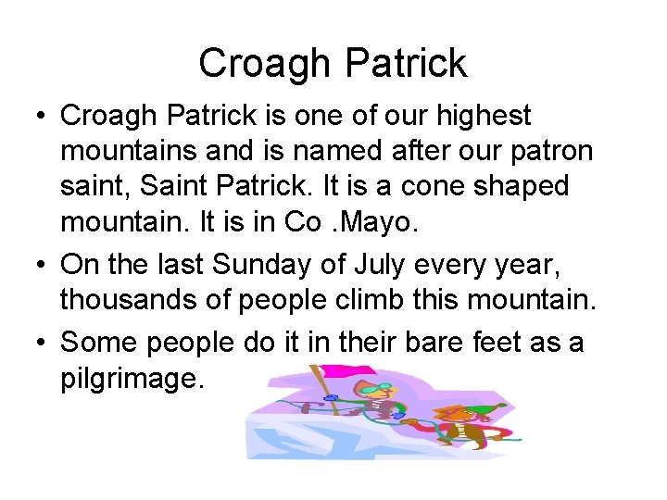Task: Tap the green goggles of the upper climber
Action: pos(371,390)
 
